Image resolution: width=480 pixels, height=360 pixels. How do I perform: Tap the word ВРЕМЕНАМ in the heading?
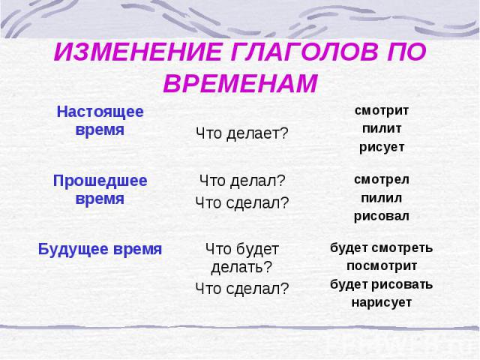tap(241, 83)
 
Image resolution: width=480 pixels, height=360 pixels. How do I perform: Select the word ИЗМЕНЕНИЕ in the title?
tap(137, 52)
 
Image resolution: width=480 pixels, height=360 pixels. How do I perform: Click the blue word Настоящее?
tap(100, 112)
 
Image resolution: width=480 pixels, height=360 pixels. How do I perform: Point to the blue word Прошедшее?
tap(100, 181)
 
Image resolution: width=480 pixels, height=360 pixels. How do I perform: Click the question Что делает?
tap(242, 133)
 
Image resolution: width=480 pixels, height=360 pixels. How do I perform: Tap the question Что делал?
tap(242, 181)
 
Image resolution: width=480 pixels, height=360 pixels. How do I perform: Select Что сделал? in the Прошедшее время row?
tap(242, 202)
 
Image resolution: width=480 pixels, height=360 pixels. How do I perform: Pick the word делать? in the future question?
tap(241, 267)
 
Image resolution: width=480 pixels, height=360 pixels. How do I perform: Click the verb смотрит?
tap(382, 110)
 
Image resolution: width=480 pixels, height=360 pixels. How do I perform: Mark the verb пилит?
tap(382, 128)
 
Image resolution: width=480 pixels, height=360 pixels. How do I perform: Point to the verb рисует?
tap(382, 147)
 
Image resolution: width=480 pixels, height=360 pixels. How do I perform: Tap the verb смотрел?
tap(382, 179)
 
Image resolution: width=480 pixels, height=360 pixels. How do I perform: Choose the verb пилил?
tap(382, 198)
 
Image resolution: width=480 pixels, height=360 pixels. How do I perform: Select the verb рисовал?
tap(382, 217)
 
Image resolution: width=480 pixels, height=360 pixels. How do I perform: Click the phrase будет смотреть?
tap(382, 248)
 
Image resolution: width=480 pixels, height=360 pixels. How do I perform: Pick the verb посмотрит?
tap(382, 266)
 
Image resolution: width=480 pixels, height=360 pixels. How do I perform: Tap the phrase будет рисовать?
tap(382, 284)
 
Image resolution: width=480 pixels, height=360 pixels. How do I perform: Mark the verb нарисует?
tap(382, 303)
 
